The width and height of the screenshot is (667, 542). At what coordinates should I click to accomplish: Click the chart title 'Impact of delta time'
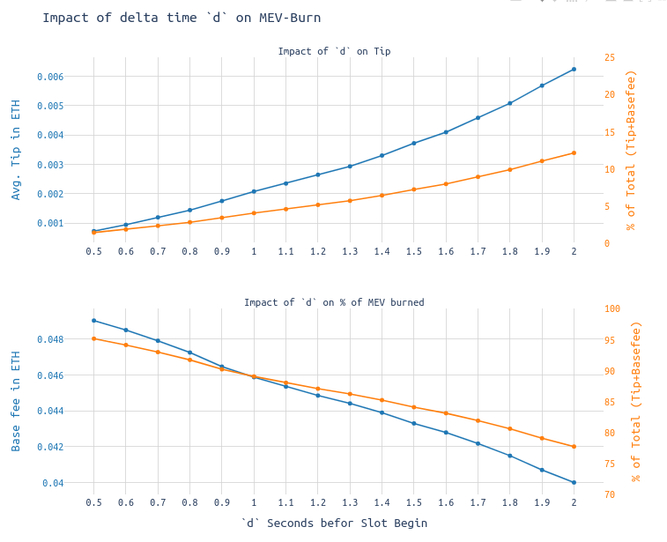tap(182, 18)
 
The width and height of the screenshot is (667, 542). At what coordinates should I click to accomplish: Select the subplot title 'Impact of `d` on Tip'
tap(334, 51)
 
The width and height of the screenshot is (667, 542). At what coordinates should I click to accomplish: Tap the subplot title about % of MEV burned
tap(334, 302)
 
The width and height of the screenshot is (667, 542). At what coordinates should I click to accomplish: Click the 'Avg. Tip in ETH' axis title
tap(16, 149)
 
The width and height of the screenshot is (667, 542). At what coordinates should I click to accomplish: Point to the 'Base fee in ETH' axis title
tap(16, 401)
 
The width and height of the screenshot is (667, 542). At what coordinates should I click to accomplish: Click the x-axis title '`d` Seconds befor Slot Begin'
tap(334, 523)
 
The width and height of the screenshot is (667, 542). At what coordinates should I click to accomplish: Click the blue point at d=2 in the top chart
tap(574, 69)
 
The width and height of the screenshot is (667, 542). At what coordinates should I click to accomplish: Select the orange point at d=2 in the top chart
tap(574, 152)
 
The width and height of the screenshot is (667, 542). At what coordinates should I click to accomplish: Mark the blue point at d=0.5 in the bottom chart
tap(93, 320)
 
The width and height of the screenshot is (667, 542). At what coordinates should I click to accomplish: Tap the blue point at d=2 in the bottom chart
tap(574, 482)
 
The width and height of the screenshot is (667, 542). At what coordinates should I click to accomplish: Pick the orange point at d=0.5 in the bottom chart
tap(93, 338)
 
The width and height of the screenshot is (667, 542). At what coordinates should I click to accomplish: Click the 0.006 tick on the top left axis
tap(50, 77)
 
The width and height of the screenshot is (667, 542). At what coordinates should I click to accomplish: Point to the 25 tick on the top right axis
tap(610, 57)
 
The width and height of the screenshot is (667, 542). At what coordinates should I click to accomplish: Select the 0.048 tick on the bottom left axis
tap(50, 339)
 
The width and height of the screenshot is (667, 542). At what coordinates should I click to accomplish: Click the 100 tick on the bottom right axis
tap(612, 308)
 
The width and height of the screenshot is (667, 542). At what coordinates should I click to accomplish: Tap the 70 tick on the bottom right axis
tap(610, 494)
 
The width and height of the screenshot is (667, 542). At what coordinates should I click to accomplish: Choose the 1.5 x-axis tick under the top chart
tap(413, 251)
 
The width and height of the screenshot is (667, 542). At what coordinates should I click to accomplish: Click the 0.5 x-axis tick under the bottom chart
tap(93, 502)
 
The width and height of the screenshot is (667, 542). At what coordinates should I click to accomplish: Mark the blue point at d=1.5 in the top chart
tap(413, 143)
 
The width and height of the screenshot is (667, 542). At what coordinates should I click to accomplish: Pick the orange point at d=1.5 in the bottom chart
tap(413, 407)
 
